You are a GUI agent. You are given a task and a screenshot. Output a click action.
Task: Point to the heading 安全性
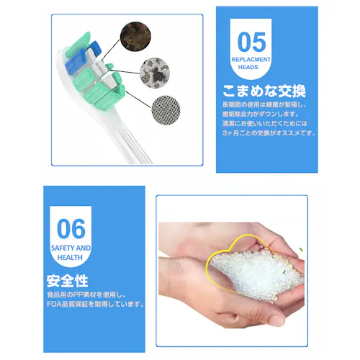pyautogui.click(x=67, y=280)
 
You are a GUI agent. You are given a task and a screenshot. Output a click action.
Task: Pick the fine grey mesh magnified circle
pyautogui.click(x=168, y=112)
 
